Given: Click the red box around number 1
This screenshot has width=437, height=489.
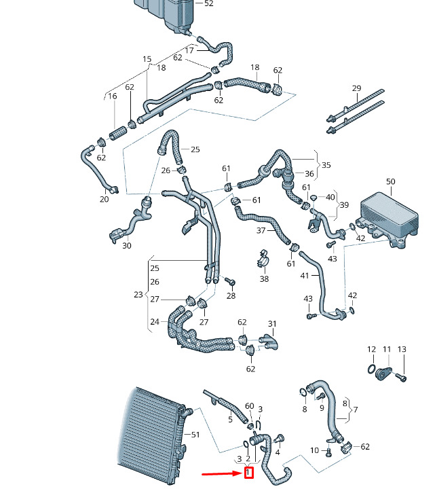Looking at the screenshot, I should (249, 472).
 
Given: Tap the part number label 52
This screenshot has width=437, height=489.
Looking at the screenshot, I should (208, 3).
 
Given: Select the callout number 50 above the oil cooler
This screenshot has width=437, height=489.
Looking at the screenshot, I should (390, 181).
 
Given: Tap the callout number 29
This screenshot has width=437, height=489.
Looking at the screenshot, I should (356, 89).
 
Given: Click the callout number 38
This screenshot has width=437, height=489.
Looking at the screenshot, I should (264, 278).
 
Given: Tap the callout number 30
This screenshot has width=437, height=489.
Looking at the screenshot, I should (127, 245).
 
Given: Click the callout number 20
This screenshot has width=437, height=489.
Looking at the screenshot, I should (104, 199).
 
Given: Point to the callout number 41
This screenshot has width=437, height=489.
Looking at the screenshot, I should (304, 275).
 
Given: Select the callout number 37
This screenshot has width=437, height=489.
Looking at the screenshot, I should (261, 231).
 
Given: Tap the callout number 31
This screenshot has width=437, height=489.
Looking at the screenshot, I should (272, 323).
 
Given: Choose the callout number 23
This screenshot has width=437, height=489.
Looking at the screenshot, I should (138, 295).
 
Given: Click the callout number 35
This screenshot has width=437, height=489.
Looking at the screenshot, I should (326, 165).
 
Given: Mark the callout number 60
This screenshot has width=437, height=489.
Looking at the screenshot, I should (249, 405).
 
